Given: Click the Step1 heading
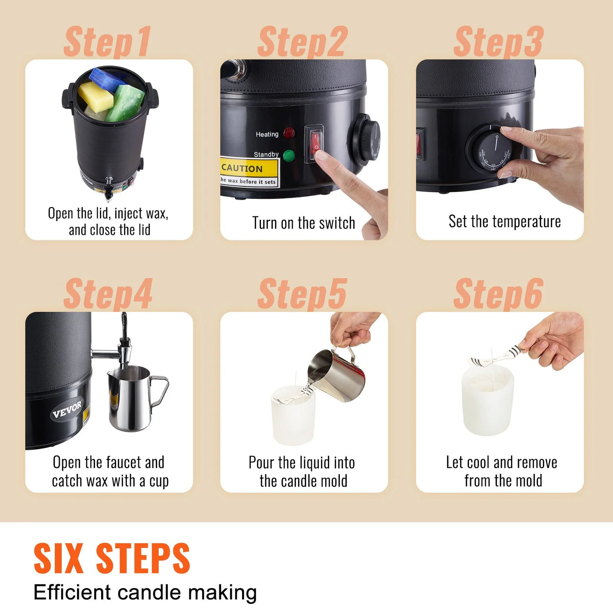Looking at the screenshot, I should tap(108, 42).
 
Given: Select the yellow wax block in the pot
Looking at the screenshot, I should tap(95, 95).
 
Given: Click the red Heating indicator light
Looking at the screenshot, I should tap(289, 134).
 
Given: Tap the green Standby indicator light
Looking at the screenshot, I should tap(289, 155).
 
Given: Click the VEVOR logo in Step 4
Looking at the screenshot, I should tap(67, 409).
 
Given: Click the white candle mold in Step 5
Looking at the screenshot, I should tap(293, 414).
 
